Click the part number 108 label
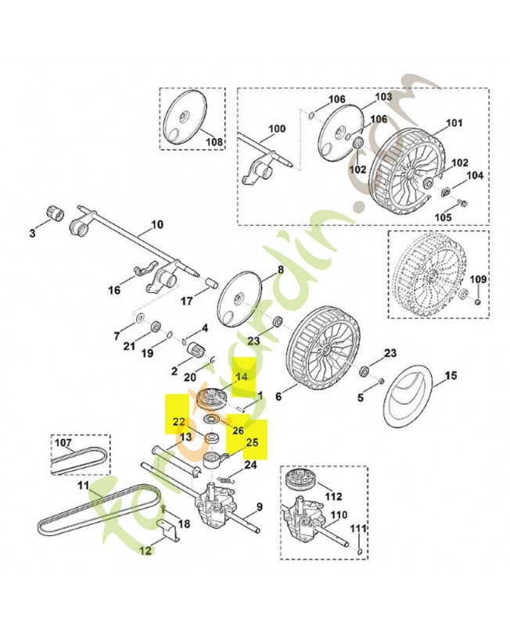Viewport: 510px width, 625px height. (214, 141)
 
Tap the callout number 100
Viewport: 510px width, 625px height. (277, 129)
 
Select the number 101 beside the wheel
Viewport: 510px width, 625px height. (454, 123)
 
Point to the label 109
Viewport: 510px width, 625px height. (478, 280)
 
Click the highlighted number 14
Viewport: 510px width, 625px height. (241, 377)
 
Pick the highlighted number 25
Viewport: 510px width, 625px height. (252, 442)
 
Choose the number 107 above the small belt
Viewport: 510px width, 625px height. (63, 442)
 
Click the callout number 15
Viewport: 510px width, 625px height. (451, 376)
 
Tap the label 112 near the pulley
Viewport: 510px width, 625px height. (334, 497)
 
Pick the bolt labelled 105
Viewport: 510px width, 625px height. (463, 203)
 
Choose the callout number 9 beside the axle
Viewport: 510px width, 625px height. (260, 507)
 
